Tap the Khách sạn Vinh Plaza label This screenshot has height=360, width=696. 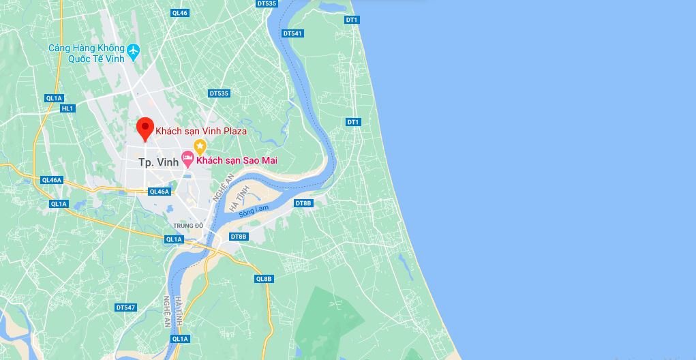tap(201, 130)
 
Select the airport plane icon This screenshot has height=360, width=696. tap(133, 50)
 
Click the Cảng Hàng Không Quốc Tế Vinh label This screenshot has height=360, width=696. tap(87, 52)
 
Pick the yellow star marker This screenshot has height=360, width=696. tap(200, 146)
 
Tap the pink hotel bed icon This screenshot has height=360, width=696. tap(187, 160)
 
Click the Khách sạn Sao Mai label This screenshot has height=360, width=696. tap(237, 160)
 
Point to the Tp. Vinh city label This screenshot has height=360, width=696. tap(158, 162)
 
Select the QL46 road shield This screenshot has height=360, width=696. tap(180, 13)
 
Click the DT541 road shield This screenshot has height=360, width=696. tap(292, 33)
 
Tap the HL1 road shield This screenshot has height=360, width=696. tap(67, 108)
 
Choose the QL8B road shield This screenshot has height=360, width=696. tap(264, 278)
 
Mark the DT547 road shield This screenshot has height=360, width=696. tap(125, 307)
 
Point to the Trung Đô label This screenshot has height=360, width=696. tap(188, 225)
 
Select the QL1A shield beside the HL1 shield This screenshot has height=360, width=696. tap(54, 98)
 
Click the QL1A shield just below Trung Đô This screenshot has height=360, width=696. tap(174, 239)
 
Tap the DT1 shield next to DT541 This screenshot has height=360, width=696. tap(352, 20)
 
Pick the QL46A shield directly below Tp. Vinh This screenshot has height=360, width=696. tap(158, 192)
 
